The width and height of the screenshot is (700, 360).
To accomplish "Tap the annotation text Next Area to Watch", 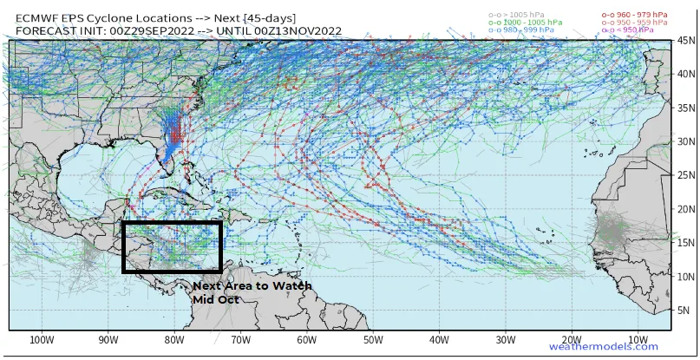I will (x=252, y=285).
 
